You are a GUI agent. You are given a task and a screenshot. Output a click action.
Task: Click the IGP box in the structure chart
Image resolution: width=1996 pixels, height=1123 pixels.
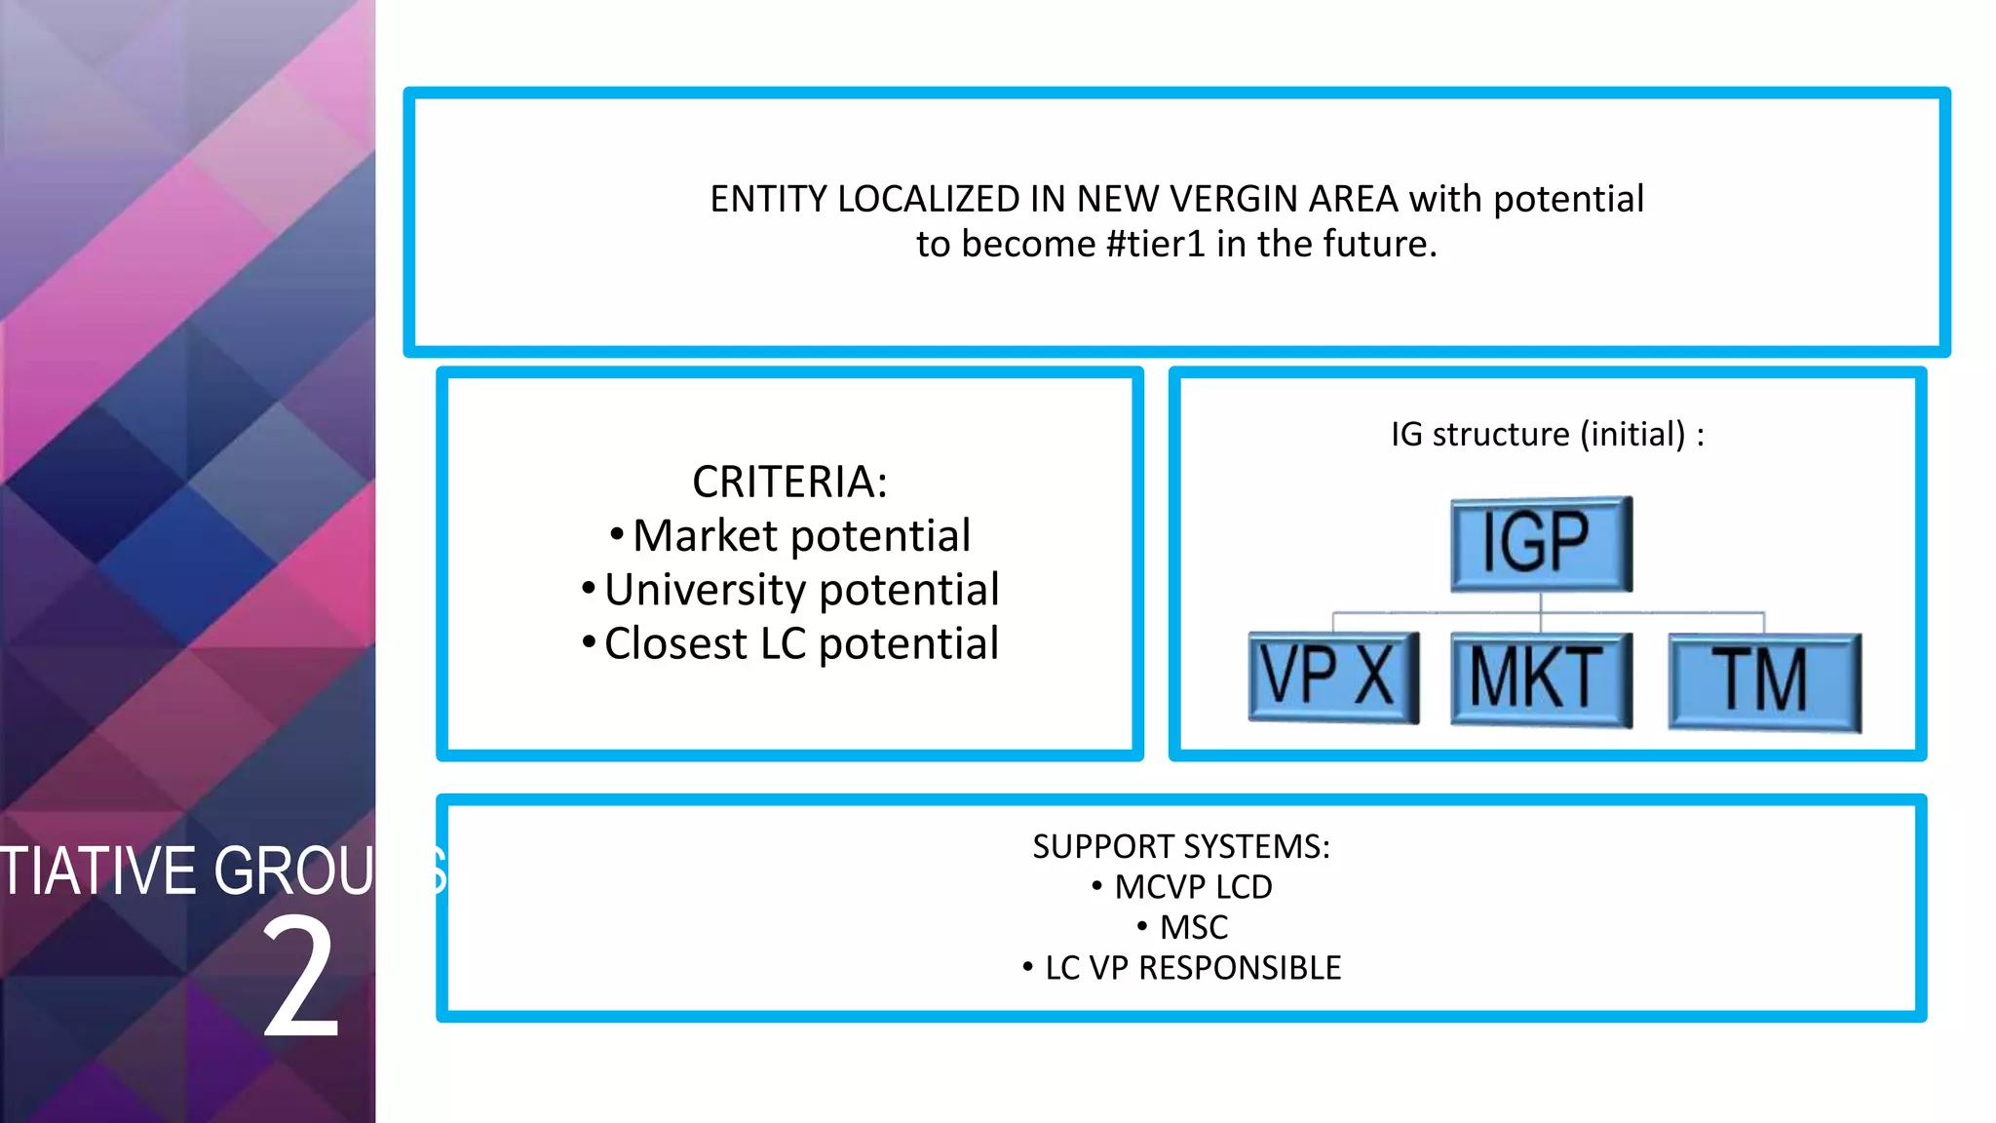tap(1541, 544)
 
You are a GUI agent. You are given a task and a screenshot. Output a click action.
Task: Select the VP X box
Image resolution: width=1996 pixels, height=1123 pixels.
tap(1333, 678)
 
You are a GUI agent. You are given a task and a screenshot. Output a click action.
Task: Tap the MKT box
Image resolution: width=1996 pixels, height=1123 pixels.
tap(1541, 679)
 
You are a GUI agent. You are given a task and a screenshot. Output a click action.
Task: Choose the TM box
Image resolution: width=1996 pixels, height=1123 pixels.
tap(1764, 681)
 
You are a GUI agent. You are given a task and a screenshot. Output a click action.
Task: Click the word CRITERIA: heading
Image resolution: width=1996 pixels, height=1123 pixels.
tap(789, 482)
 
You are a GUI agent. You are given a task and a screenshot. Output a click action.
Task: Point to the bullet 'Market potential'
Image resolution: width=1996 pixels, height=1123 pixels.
tap(801, 536)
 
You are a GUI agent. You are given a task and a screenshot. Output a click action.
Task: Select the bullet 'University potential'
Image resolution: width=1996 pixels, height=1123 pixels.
tap(801, 590)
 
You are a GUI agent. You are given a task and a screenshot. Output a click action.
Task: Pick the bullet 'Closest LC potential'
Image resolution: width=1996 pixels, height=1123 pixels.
tap(801, 644)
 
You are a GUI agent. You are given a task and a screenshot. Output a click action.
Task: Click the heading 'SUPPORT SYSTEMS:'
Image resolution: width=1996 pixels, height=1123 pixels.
tap(1180, 846)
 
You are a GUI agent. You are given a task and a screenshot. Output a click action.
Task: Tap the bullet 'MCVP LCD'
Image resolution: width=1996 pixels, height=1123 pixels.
tap(1193, 887)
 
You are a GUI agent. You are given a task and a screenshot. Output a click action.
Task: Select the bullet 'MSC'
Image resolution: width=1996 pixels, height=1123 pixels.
tap(1193, 927)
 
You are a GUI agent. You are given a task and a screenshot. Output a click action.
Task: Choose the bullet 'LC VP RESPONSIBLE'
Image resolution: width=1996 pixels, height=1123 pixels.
tap(1193, 968)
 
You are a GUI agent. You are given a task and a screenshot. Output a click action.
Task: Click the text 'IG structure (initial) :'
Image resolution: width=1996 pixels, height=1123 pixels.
tap(1547, 434)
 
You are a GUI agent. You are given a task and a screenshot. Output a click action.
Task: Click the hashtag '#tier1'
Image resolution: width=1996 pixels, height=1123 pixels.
tap(1156, 244)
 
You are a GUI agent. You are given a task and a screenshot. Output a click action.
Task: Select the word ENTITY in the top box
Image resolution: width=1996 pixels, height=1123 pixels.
tap(768, 199)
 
